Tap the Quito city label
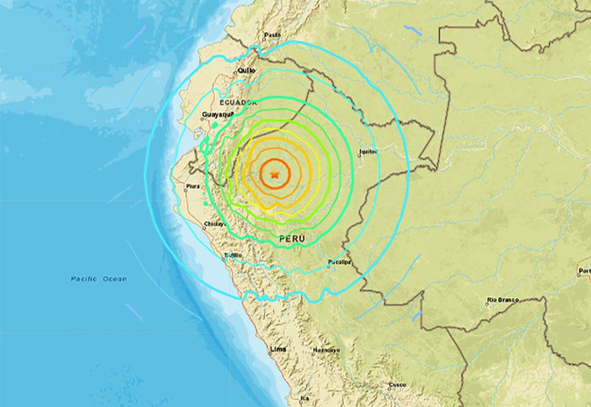tap(246, 69)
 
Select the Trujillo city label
tap(233, 255)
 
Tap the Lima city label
tap(278, 347)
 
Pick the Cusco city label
tap(397, 385)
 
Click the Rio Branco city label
tap(503, 299)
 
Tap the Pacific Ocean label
tap(98, 279)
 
